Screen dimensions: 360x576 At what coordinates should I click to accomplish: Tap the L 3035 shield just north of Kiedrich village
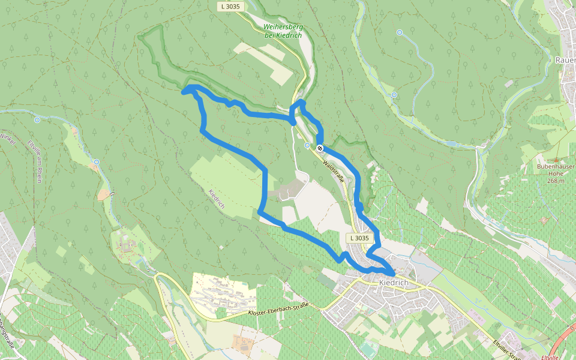tap(358, 238)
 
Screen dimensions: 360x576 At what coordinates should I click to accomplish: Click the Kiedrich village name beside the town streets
tap(394, 283)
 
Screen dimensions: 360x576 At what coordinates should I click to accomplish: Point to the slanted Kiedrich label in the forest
tap(217, 199)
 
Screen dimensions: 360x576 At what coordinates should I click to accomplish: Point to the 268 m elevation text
tap(556, 181)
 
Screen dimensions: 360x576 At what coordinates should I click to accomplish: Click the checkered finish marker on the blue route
tap(320, 148)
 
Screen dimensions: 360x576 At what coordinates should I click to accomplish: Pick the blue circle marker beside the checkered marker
tap(307, 145)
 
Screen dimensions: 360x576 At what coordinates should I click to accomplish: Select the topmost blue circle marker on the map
tap(400, 32)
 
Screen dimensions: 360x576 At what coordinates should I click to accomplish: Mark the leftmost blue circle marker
tap(37, 120)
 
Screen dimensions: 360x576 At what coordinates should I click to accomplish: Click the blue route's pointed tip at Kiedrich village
tap(394, 274)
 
